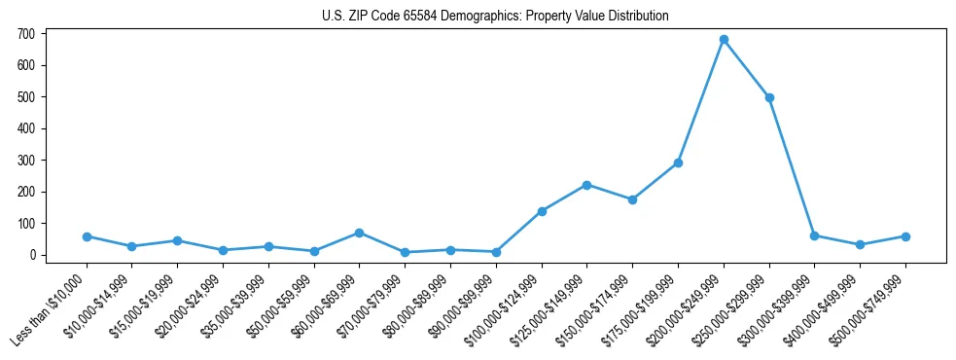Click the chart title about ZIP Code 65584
click(495, 17)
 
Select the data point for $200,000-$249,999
click(724, 40)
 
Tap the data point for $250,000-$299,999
click(769, 97)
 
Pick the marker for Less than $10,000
click(87, 236)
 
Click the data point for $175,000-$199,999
click(678, 162)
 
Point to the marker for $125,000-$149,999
click(586, 185)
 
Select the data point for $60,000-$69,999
click(360, 233)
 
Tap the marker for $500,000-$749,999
click(905, 236)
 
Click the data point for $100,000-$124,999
click(542, 211)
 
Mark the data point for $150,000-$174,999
click(632, 199)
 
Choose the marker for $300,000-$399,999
click(814, 235)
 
